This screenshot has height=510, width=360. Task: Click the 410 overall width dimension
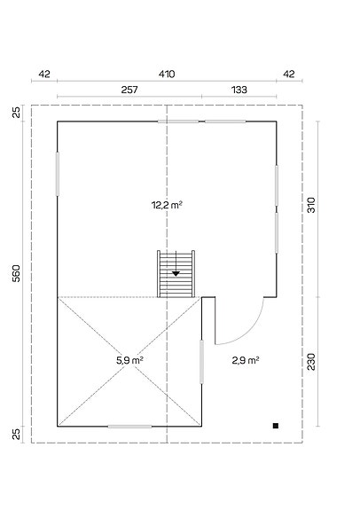pos(167,74)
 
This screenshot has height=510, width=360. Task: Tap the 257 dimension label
pos(129,90)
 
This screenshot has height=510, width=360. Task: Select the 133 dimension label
pos(239,90)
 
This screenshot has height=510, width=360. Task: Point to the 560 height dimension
pos(17,274)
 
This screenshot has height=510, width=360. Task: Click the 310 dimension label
pos(311,206)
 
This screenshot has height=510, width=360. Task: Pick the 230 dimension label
pos(311,362)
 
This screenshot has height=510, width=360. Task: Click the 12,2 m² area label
pos(167,204)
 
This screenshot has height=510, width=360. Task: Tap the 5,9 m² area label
pos(130,360)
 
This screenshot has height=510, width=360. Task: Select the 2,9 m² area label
pos(245,360)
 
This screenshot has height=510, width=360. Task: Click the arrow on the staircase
pos(176,272)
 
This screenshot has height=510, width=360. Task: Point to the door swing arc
pos(254,327)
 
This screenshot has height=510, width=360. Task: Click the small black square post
pos(276,426)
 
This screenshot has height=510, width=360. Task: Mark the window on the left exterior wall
pos(58,174)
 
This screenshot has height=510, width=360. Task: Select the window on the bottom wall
pos(129,427)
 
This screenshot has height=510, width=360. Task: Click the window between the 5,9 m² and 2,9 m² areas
pos(202,361)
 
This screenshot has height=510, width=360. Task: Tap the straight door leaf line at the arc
pos(215,319)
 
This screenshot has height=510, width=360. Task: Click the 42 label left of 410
pos(44,74)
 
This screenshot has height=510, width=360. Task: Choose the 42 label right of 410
pos(288,74)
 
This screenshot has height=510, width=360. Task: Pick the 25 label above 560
pos(17,113)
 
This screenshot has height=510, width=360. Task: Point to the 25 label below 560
pos(17,434)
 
